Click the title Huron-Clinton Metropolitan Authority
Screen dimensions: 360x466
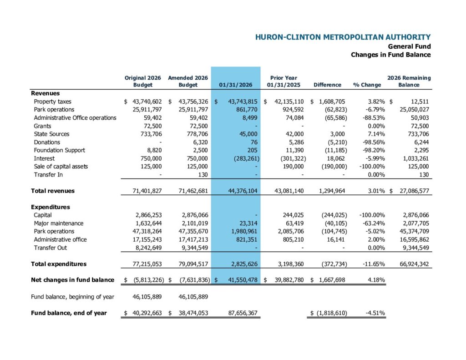coord(343,37)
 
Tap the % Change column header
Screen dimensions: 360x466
coord(367,85)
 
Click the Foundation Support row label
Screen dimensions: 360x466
coord(59,150)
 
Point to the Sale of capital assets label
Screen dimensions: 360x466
coord(61,167)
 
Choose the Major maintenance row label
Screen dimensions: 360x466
coord(58,223)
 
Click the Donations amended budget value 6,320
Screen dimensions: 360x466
coord(200,142)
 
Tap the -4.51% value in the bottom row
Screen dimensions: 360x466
coord(375,313)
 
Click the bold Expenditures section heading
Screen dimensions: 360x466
coord(51,207)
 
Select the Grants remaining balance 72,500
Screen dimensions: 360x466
coord(419,126)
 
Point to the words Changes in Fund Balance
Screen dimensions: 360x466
coord(390,55)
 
